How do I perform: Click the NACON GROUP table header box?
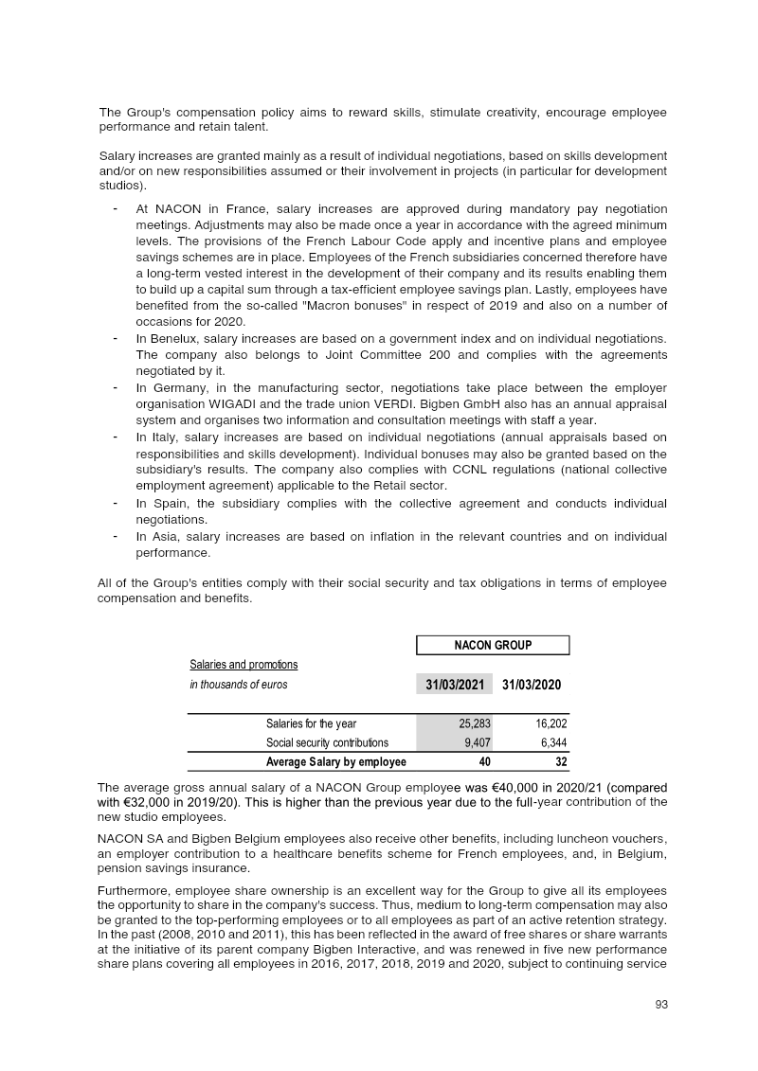click(493, 645)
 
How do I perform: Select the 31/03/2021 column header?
click(454, 684)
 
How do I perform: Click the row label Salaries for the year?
click(311, 724)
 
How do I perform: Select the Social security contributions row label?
click(327, 742)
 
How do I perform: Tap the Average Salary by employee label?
click(336, 761)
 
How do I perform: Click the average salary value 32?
click(560, 761)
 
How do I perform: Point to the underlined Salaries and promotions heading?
click(244, 665)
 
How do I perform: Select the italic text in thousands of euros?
click(239, 684)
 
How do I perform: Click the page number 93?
click(661, 1005)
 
